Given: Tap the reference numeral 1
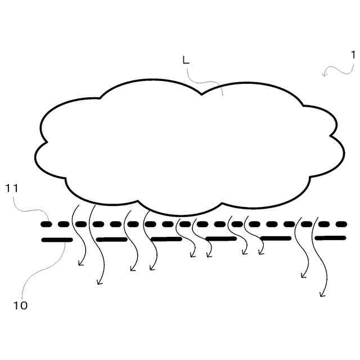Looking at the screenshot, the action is pos(353,55).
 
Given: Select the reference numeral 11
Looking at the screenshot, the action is pos(12,188).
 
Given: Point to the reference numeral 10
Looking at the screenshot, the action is pos(20,305).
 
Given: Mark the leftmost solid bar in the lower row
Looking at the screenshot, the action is pos(57,240).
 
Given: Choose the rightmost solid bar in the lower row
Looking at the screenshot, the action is pos(330,238).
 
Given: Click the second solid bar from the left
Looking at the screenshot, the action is pos(112,240).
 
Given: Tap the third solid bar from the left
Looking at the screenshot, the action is pos(166,239).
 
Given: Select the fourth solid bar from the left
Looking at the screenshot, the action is pos(220,238).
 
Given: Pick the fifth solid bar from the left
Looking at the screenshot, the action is pos(276,238).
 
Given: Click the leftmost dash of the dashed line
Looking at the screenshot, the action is pos(47,224).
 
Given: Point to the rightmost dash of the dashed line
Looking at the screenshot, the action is pos(341,224).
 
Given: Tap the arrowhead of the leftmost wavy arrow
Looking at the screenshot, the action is pos(80,263).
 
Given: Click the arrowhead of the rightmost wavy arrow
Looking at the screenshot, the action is pos(322,294).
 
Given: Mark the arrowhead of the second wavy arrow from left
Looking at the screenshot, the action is pos(100,282).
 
